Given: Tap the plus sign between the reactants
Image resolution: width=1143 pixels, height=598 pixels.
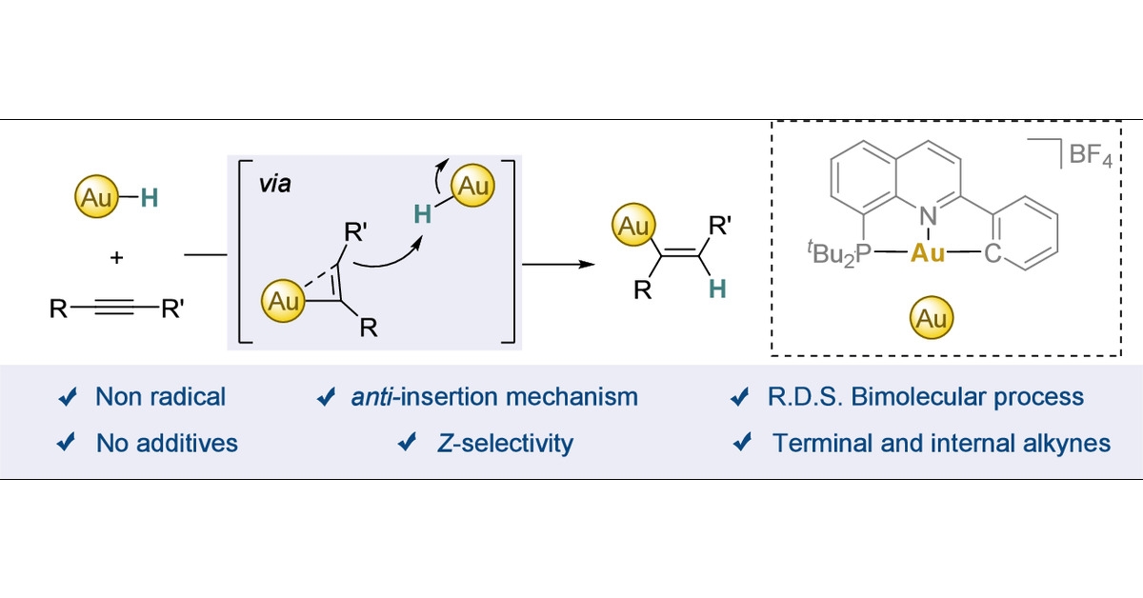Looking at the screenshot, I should pos(117,257).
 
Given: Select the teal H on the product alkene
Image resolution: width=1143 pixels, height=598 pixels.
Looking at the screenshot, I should pos(717,289).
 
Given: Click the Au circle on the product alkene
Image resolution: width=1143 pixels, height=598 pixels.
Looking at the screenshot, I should pos(630,229).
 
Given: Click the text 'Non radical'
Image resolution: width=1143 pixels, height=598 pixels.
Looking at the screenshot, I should pos(160,397).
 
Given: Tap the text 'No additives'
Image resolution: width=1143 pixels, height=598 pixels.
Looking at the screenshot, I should pos(167,442).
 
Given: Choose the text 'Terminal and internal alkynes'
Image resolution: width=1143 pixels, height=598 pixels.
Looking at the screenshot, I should pos(941,442).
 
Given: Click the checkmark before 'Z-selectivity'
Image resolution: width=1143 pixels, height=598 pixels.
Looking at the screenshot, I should pos(409,442).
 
